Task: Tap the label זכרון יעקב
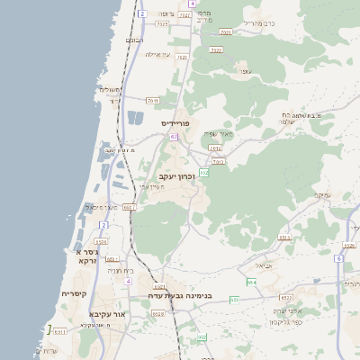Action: [x=176, y=176]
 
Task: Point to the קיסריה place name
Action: [x=73, y=294]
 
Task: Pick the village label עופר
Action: [x=243, y=69]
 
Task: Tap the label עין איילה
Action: [x=158, y=54]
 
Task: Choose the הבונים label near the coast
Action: [x=134, y=40]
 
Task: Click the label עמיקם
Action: [x=323, y=194]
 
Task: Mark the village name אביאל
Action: [x=264, y=265]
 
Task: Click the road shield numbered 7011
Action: [x=153, y=100]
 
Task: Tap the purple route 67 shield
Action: [x=174, y=137]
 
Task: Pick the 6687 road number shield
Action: [x=128, y=207]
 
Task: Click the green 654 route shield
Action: [x=252, y=282]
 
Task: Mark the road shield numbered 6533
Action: [x=285, y=238]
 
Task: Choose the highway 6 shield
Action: [x=338, y=258]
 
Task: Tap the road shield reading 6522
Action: [x=287, y=297]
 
